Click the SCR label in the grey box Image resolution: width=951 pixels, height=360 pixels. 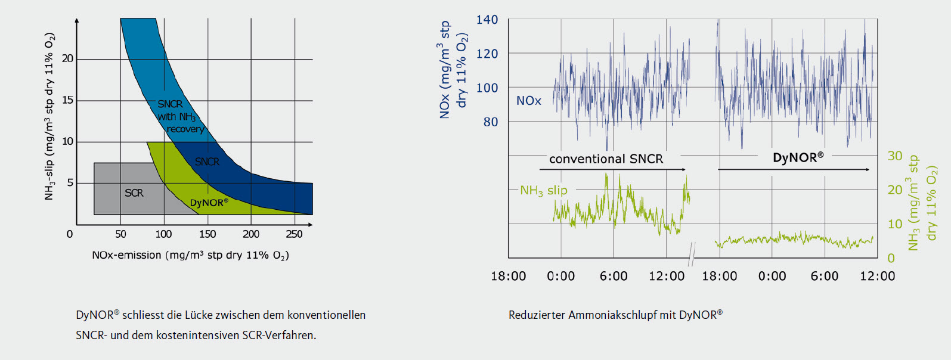pyautogui.click(x=134, y=193)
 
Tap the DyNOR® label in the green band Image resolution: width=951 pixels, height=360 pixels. pyautogui.click(x=209, y=203)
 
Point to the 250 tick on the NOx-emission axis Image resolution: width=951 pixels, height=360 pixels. pyautogui.click(x=294, y=234)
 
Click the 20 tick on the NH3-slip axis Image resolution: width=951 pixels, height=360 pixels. pyautogui.click(x=67, y=58)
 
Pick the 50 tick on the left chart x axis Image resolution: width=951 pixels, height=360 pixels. pyautogui.click(x=120, y=234)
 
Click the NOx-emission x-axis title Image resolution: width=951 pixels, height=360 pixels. pyautogui.click(x=190, y=255)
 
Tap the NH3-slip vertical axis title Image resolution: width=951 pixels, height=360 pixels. pyautogui.click(x=49, y=116)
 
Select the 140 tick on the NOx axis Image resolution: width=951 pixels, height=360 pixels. pyautogui.click(x=487, y=20)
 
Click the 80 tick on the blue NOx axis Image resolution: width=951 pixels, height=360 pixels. pyautogui.click(x=490, y=122)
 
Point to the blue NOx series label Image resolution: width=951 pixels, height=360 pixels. pyautogui.click(x=528, y=101)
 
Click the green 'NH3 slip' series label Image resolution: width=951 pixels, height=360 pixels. pyautogui.click(x=543, y=191)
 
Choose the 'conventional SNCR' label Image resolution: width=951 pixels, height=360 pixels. pyautogui.click(x=606, y=159)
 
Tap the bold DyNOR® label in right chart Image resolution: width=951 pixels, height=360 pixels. pyautogui.click(x=798, y=158)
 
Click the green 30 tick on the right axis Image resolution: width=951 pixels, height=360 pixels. pyautogui.click(x=894, y=156)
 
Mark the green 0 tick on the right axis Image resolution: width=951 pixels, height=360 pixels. pyautogui.click(x=891, y=258)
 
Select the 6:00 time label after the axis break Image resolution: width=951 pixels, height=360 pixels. pyautogui.click(x=824, y=276)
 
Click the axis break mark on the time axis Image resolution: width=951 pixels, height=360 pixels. pyautogui.click(x=692, y=255)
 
